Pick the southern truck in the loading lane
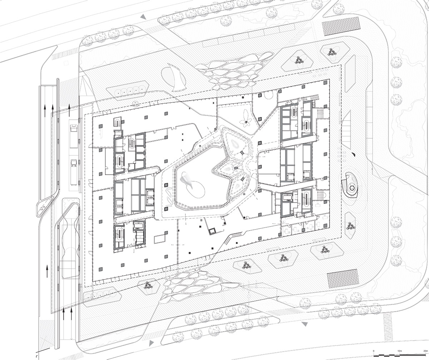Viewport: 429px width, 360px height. coord(73,167)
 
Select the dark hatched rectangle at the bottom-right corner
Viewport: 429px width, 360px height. coord(342,278)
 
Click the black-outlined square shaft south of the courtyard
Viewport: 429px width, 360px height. coord(211,231)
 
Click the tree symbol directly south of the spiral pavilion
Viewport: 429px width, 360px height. coord(350,226)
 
